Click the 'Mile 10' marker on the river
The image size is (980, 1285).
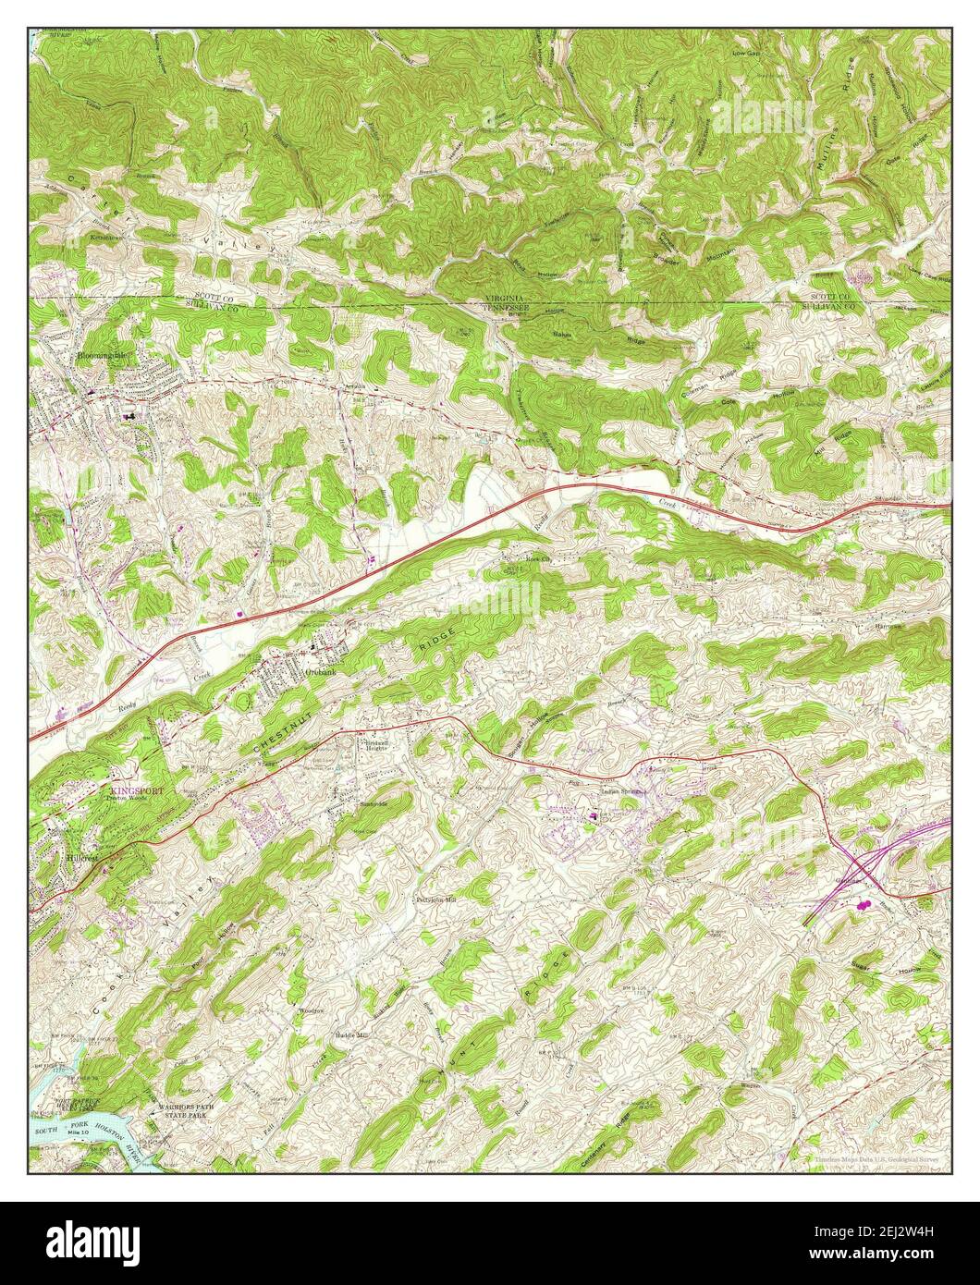click(83, 1132)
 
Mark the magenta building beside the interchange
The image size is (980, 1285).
click(866, 906)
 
